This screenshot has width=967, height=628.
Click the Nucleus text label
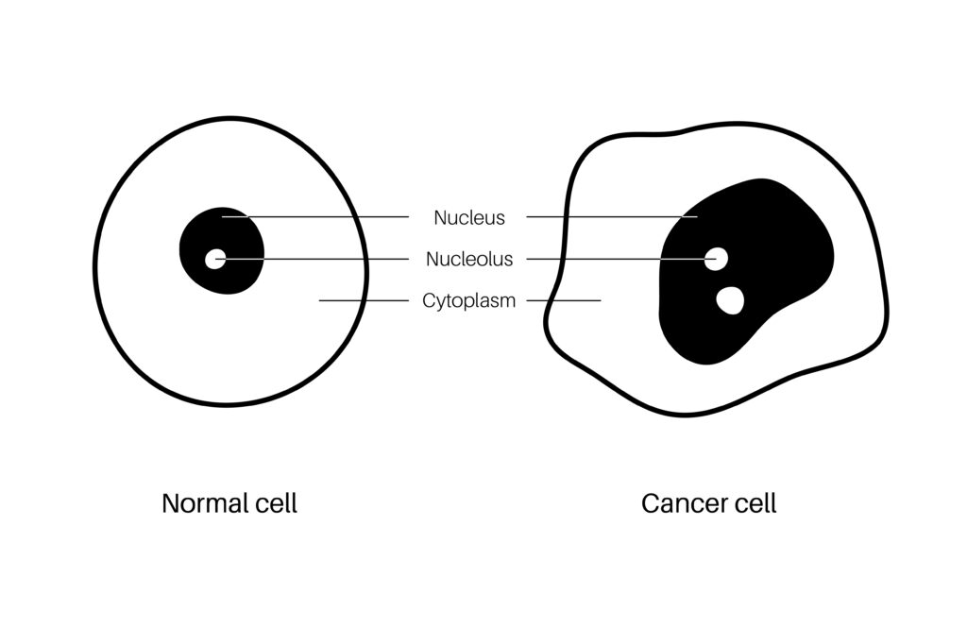[x=469, y=218]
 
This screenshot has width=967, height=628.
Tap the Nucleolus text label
[x=469, y=259]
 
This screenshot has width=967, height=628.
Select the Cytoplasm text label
[x=469, y=301]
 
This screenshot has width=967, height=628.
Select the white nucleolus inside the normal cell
[x=215, y=258]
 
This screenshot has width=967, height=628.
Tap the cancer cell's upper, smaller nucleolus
[x=717, y=258]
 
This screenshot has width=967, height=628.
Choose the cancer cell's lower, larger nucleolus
[x=730, y=299]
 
